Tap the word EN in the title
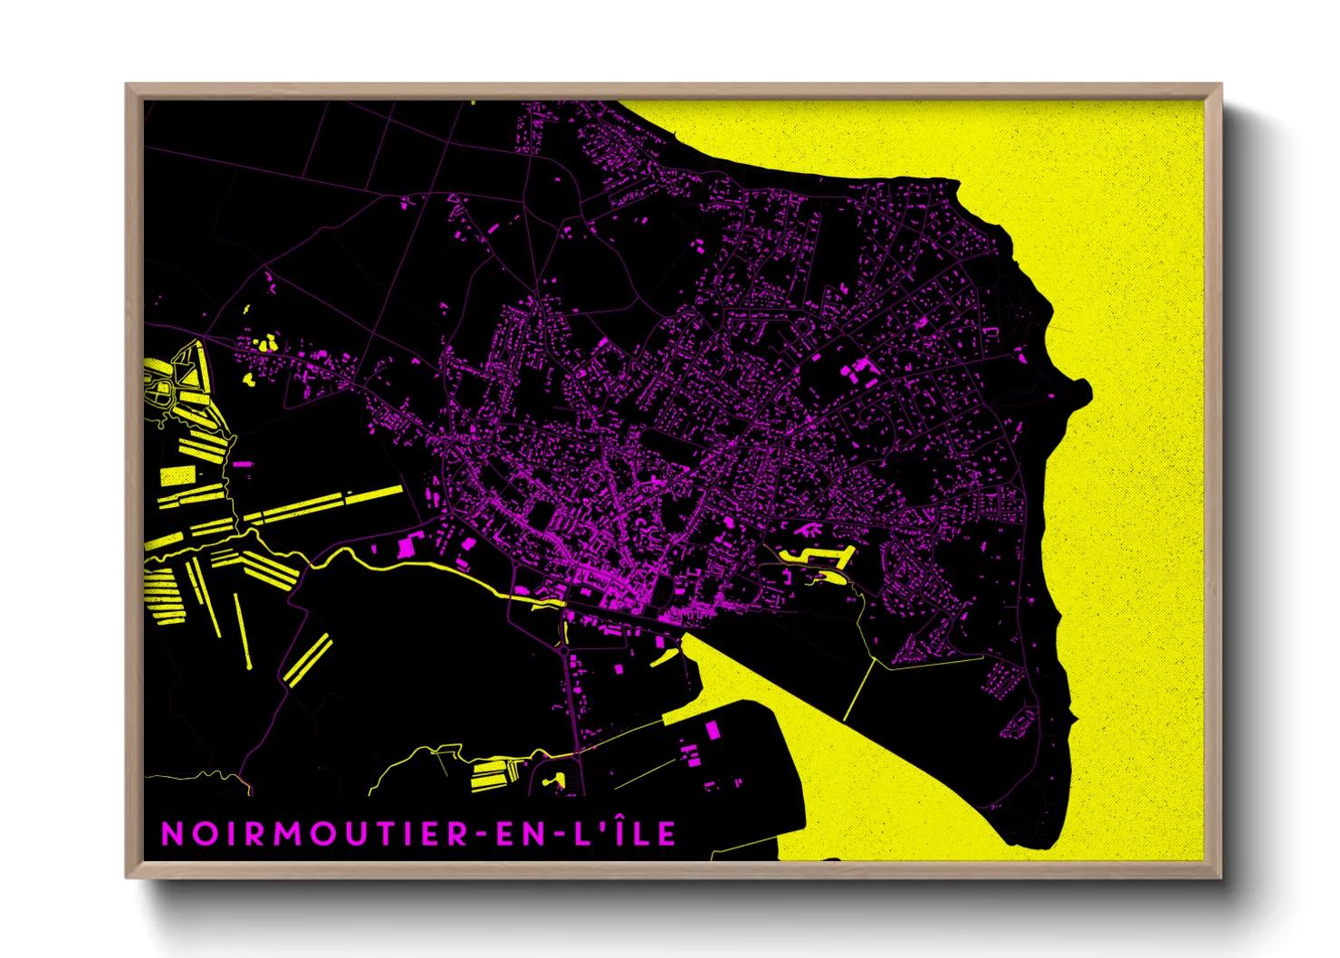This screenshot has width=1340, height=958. click(x=522, y=834)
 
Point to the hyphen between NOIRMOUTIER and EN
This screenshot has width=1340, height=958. click(x=483, y=835)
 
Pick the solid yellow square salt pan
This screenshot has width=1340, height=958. click(x=177, y=475)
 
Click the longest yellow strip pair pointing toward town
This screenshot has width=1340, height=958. click(x=326, y=503)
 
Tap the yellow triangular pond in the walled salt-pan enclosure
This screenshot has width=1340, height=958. click(x=189, y=374)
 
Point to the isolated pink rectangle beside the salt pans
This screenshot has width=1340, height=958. click(x=243, y=464)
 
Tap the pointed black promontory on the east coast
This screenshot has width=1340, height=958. click(x=1083, y=392)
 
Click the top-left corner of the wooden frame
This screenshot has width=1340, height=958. click(x=127, y=84)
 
